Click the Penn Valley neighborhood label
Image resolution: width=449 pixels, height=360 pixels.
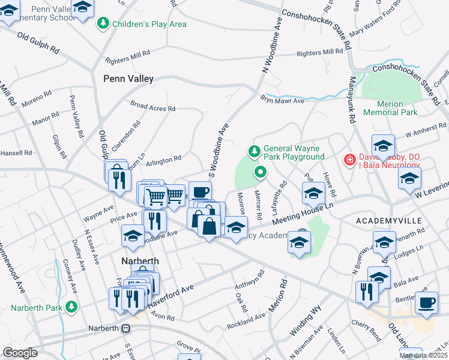coord(128,79)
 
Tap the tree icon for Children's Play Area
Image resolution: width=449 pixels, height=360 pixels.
coord(103,24)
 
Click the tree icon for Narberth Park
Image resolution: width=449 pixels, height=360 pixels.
coord(71,308)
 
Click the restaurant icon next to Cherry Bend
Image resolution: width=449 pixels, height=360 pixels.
coord(364,291)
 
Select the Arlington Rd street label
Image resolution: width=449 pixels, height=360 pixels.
coord(164,159)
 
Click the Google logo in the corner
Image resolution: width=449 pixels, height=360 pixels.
coord(20,353)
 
